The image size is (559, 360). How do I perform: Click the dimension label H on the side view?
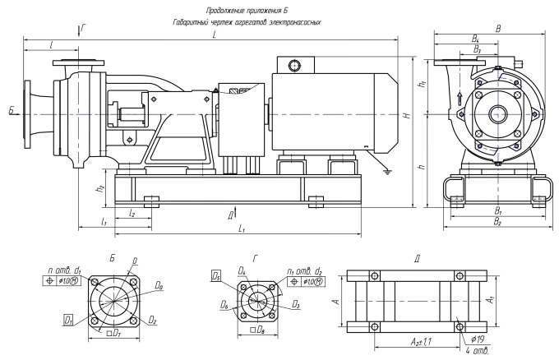(406, 115)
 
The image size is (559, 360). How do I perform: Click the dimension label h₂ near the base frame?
(99, 187)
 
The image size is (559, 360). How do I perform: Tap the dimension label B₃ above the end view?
(477, 49)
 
